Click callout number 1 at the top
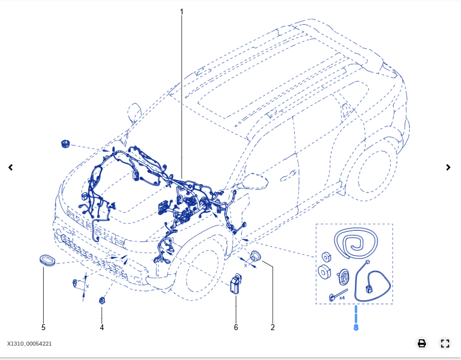(181, 12)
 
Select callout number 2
(272, 327)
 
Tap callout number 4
(102, 327)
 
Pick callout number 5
(43, 327)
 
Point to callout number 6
(235, 327)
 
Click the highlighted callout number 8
(356, 327)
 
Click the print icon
(422, 343)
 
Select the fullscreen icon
(444, 343)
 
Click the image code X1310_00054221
(29, 344)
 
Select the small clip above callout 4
(102, 300)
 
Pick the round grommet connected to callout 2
(255, 256)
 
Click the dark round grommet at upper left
(65, 143)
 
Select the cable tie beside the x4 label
(333, 297)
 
